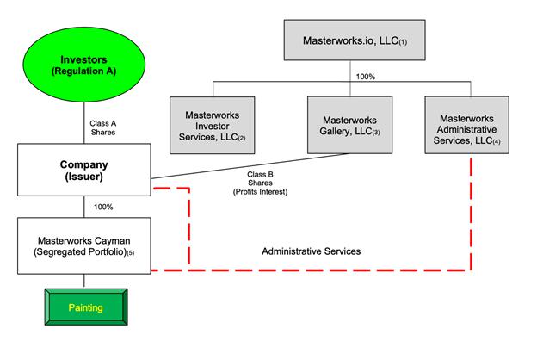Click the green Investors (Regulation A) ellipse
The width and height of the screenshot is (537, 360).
[x=83, y=65]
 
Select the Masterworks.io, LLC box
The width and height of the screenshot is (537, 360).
[x=356, y=40]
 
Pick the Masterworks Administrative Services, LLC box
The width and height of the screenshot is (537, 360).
[x=472, y=122]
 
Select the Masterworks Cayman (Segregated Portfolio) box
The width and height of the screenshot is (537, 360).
[x=84, y=245]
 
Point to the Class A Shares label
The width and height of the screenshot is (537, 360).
[x=104, y=128]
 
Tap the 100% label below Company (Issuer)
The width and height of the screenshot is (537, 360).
[x=103, y=207]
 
